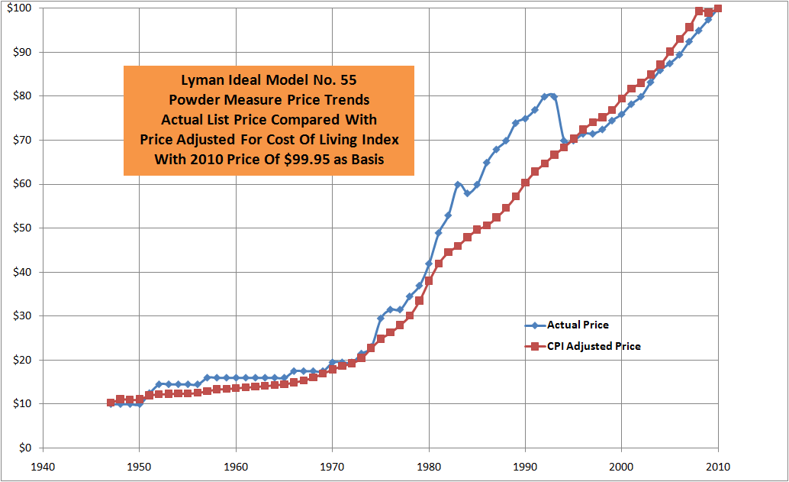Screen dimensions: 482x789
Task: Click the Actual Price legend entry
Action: [x=578, y=325]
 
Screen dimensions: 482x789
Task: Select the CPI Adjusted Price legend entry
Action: [x=594, y=346]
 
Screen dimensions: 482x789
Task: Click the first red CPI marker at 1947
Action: [x=111, y=403]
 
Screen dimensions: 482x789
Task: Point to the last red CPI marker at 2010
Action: [x=718, y=8]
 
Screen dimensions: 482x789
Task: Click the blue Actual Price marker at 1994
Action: [x=564, y=141]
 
